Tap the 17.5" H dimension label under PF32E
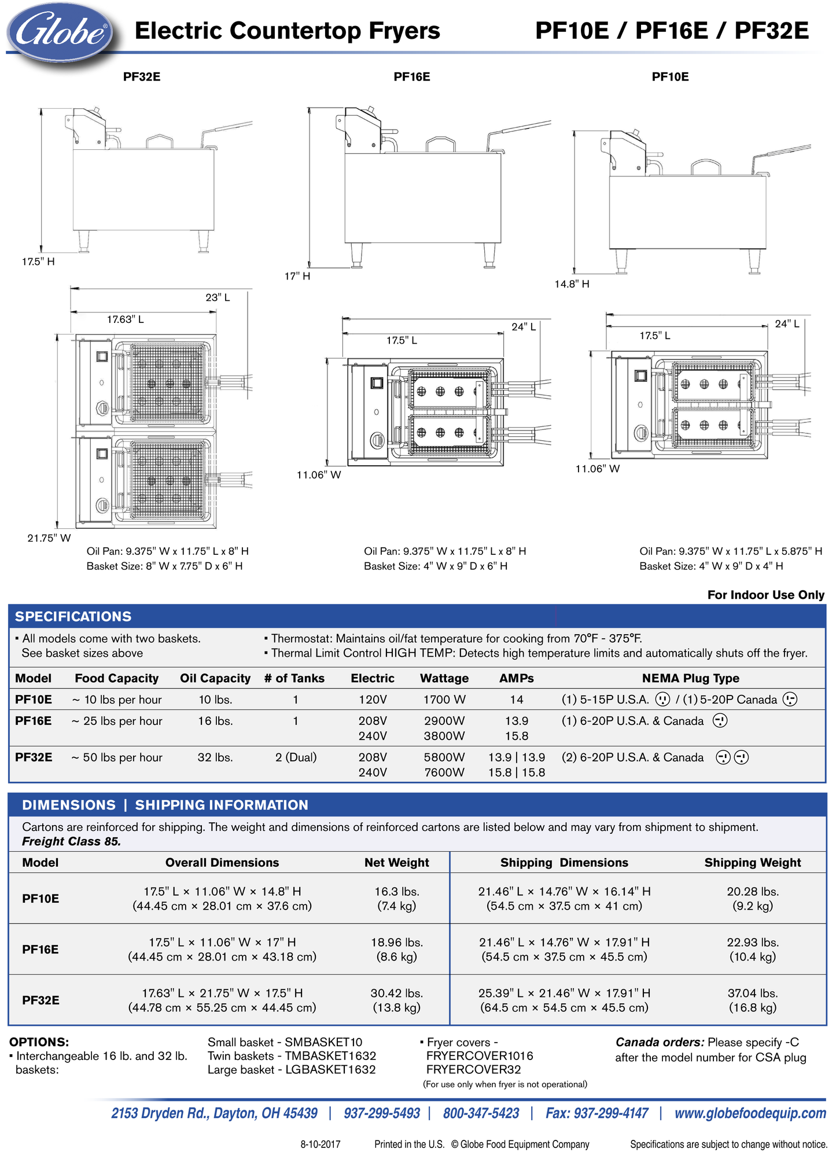[x=38, y=262]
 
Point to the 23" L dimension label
[x=218, y=297]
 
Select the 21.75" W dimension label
[x=49, y=538]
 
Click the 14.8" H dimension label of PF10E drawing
[x=572, y=284]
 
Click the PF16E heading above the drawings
[x=411, y=77]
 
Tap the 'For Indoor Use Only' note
[x=765, y=595]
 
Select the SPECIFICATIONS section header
[x=73, y=616]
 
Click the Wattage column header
[x=444, y=678]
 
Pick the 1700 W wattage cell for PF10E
[x=444, y=700]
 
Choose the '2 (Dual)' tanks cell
[x=296, y=757]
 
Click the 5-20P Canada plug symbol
[x=790, y=700]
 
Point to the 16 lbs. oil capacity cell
[x=215, y=721]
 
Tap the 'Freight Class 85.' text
[x=72, y=841]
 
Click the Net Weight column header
[x=396, y=863]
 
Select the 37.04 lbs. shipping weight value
[x=752, y=993]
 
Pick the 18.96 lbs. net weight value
[x=396, y=942]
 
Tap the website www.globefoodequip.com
[x=750, y=1113]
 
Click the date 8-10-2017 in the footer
[x=321, y=1144]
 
